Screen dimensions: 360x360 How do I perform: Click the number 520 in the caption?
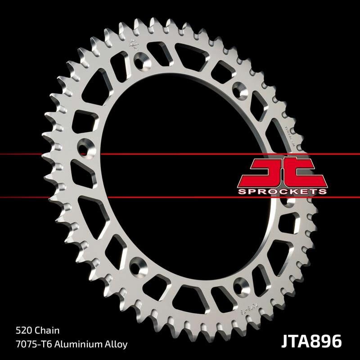(x=22, y=330)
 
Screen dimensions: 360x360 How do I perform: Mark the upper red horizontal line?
(x=45, y=154)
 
